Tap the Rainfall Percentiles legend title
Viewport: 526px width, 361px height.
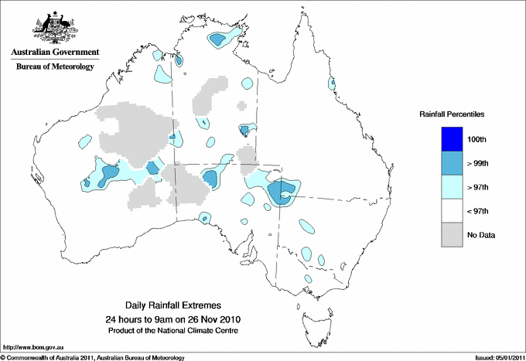click(x=452, y=114)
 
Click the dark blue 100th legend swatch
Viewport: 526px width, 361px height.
click(x=452, y=139)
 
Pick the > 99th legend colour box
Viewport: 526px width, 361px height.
click(x=452, y=163)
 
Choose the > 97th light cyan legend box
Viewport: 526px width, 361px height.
click(x=452, y=187)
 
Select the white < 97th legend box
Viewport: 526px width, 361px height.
click(x=452, y=211)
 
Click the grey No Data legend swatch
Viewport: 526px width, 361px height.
click(x=452, y=235)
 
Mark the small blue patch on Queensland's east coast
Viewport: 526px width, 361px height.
click(x=333, y=83)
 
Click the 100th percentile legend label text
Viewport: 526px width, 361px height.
click(x=477, y=139)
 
